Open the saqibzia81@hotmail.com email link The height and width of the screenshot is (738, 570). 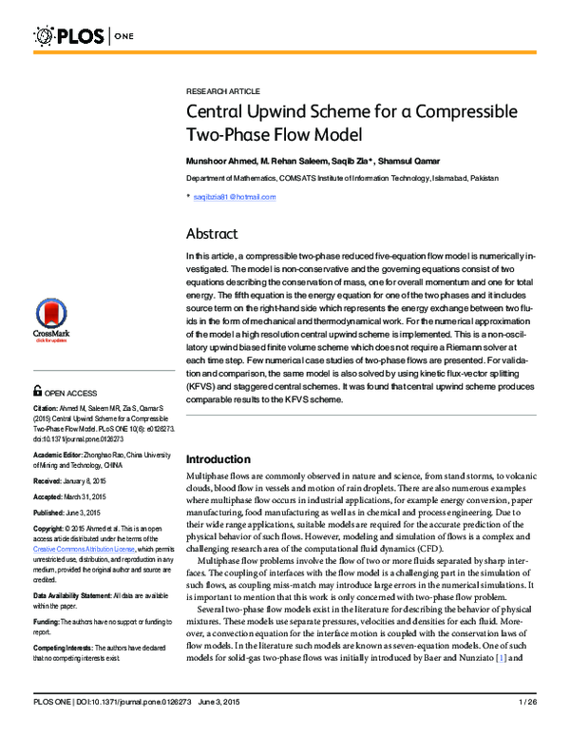pyautogui.click(x=234, y=197)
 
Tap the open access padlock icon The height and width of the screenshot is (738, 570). pyautogui.click(x=36, y=390)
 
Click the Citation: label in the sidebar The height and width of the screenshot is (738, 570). pyautogui.click(x=47, y=406)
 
